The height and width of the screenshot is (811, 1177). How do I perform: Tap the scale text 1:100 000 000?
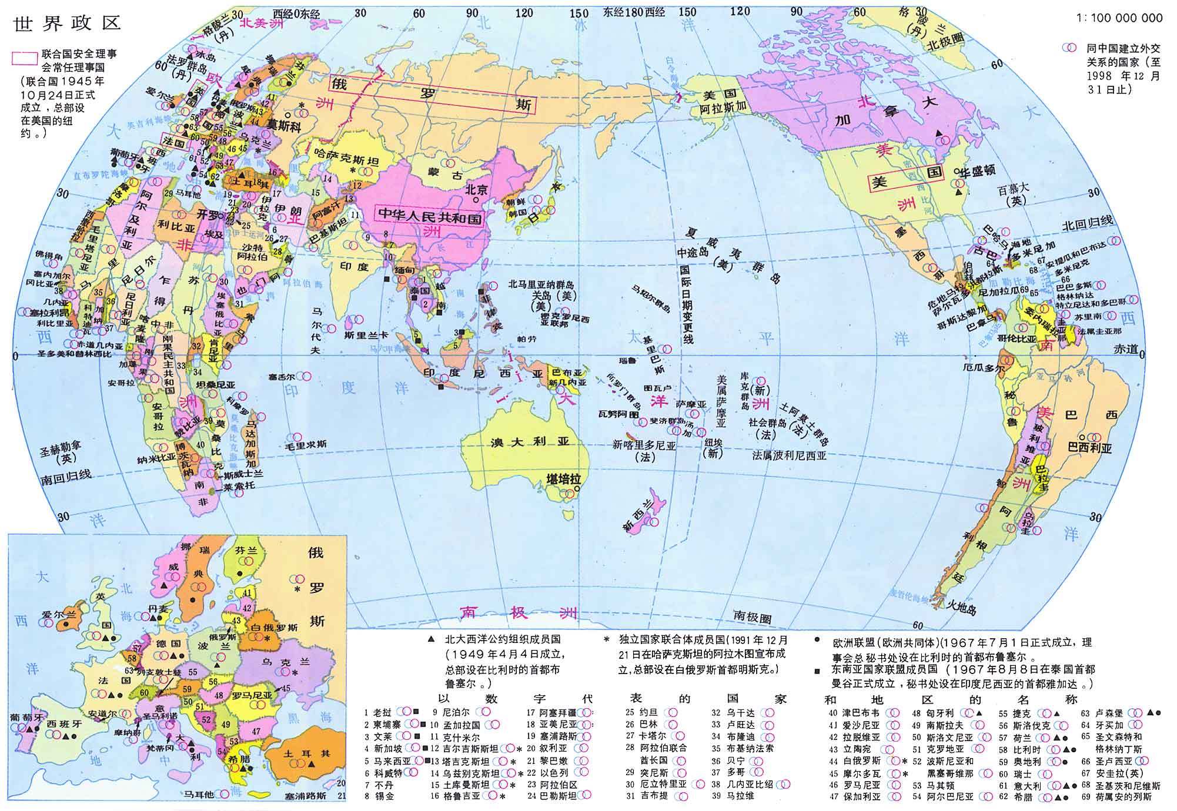[x=1119, y=18]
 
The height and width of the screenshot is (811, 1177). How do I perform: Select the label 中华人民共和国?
[x=430, y=217]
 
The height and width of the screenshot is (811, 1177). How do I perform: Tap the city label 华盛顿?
[x=978, y=171]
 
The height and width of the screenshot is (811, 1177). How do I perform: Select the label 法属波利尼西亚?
[x=789, y=455]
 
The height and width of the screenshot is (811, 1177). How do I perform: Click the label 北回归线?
[x=1088, y=223]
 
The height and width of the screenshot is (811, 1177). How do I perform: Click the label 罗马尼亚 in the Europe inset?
[x=253, y=695]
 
